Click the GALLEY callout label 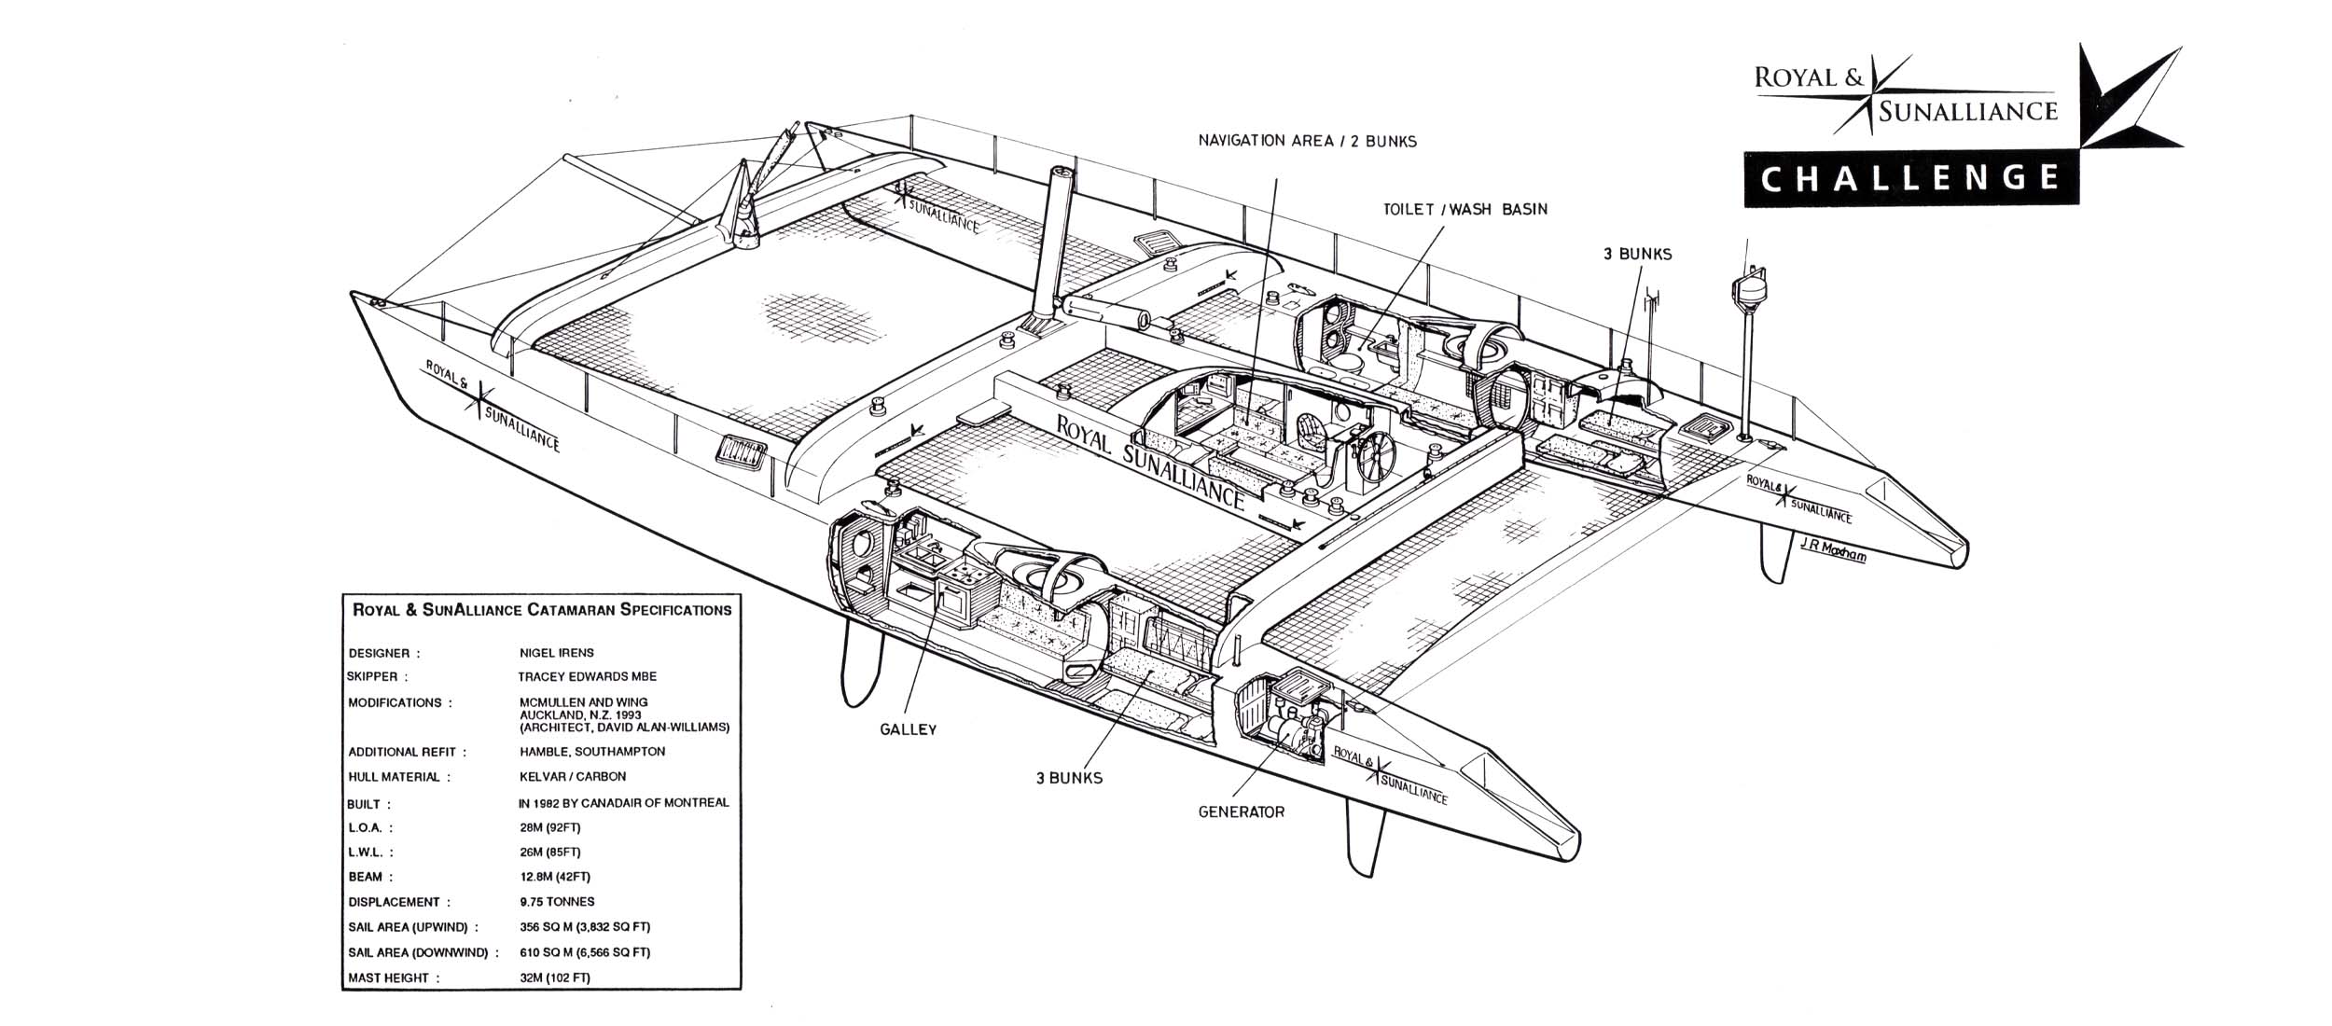[x=908, y=729]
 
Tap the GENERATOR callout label [x=1241, y=811]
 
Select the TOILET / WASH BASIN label [x=1464, y=209]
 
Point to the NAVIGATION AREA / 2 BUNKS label [x=1307, y=141]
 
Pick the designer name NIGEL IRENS [x=557, y=653]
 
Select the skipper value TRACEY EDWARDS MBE [x=588, y=676]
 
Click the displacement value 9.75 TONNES [x=557, y=902]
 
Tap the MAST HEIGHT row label [x=388, y=978]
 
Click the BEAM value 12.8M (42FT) [x=555, y=877]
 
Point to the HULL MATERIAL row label [x=399, y=776]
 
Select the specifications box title [x=541, y=610]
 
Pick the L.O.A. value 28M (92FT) [x=550, y=827]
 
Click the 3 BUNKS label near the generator [x=1069, y=777]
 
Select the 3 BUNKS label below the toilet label [x=1637, y=254]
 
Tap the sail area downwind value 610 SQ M [x=585, y=952]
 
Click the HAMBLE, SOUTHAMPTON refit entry [x=592, y=751]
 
